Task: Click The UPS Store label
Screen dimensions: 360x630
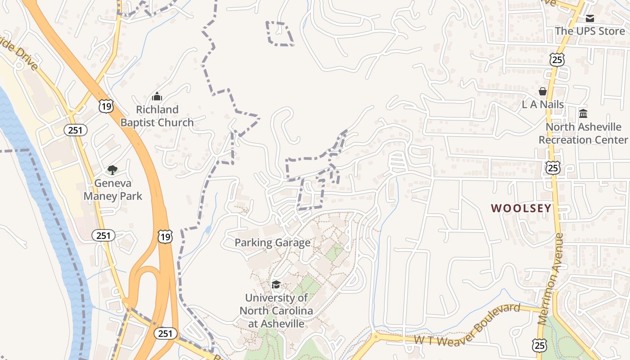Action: tap(589, 31)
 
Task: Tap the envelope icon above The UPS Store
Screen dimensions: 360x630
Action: tap(589, 18)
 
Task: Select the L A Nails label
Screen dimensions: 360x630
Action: tap(543, 104)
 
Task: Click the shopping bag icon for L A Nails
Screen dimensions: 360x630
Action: tap(543, 91)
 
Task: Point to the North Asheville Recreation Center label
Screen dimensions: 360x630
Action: tap(583, 133)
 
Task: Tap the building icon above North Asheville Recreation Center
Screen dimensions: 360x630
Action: tap(583, 113)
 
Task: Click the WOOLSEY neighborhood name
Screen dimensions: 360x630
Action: tap(521, 208)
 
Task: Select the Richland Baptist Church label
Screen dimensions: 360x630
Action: tap(157, 116)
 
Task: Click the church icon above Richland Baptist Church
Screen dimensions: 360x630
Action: tap(157, 96)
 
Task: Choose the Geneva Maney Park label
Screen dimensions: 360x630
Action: tap(112, 189)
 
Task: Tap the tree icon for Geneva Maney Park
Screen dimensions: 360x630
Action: tap(112, 170)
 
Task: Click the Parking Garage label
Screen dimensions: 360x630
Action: tap(272, 243)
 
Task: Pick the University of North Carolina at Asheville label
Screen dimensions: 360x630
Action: tap(276, 310)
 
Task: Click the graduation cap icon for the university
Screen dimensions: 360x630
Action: tap(276, 284)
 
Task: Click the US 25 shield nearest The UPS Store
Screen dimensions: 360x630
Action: tap(557, 59)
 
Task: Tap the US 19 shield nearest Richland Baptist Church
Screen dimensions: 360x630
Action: tap(106, 106)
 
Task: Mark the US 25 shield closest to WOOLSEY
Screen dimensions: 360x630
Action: tap(553, 167)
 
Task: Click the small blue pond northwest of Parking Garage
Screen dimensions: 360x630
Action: tap(207, 229)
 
